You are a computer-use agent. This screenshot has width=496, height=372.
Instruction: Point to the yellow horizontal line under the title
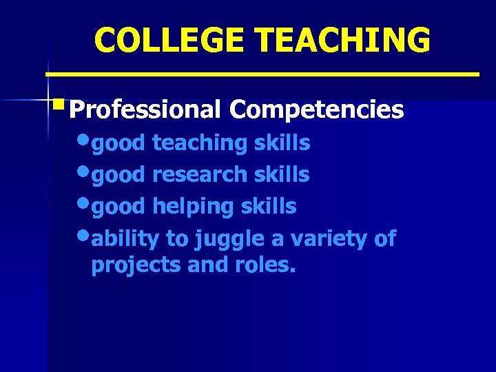[x=262, y=73]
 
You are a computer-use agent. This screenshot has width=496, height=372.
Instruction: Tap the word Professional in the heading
[x=145, y=109]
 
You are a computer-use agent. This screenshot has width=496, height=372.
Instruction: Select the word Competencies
[x=317, y=109]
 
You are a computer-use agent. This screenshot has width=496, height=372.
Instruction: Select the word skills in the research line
[x=282, y=175]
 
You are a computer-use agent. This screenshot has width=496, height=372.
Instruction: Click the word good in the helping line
[x=118, y=207]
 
